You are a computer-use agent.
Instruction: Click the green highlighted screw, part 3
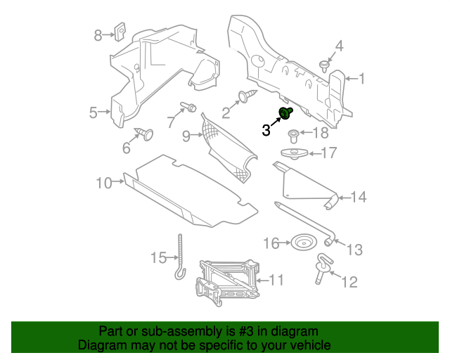(x=286, y=113)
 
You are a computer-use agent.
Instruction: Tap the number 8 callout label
(x=99, y=34)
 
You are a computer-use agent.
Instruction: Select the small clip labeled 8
(x=119, y=32)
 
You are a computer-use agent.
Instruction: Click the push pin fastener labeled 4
(x=324, y=66)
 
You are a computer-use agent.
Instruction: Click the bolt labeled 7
(x=189, y=107)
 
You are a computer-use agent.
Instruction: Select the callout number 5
(x=94, y=112)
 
